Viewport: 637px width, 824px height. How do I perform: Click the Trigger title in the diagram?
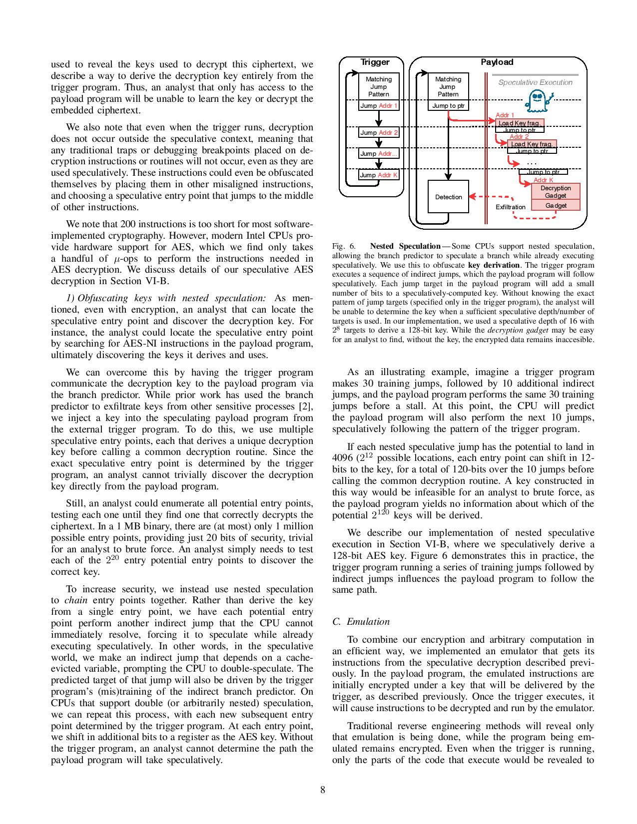point(375,62)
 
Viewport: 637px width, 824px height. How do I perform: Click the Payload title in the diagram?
point(497,62)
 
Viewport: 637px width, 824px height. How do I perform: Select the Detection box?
point(448,197)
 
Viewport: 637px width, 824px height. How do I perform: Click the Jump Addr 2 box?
point(379,133)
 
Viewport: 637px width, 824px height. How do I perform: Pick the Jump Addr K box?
point(379,175)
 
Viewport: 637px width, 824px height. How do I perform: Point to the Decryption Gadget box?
point(555,192)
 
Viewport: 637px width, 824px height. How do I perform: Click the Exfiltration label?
point(510,207)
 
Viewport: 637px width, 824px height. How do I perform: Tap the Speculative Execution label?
point(535,83)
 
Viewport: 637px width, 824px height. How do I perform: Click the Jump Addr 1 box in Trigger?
point(379,106)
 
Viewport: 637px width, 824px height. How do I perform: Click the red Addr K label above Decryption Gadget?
point(543,180)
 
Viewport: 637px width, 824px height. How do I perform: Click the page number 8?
point(323,790)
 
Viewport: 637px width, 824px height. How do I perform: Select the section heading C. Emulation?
point(361,622)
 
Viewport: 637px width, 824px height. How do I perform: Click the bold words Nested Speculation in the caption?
point(405,246)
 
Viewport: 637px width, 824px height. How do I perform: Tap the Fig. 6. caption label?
point(344,246)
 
